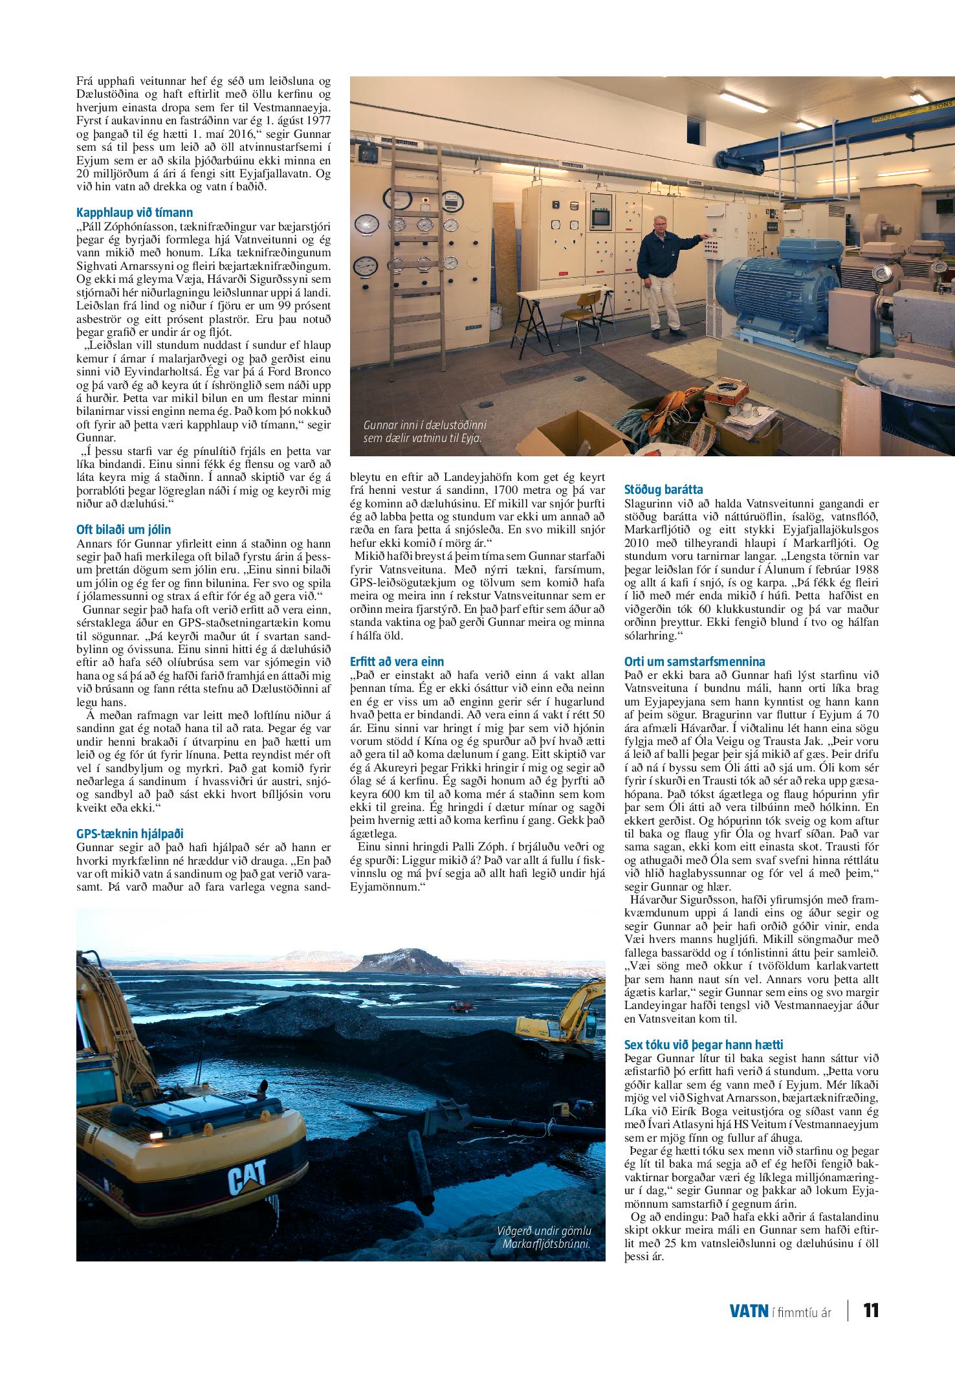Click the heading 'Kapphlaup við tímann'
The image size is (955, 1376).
click(134, 212)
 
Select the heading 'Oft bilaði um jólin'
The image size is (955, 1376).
click(124, 529)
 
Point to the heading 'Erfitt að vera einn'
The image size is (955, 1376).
click(397, 661)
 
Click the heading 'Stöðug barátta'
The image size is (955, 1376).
click(663, 489)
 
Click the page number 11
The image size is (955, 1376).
click(871, 1310)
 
